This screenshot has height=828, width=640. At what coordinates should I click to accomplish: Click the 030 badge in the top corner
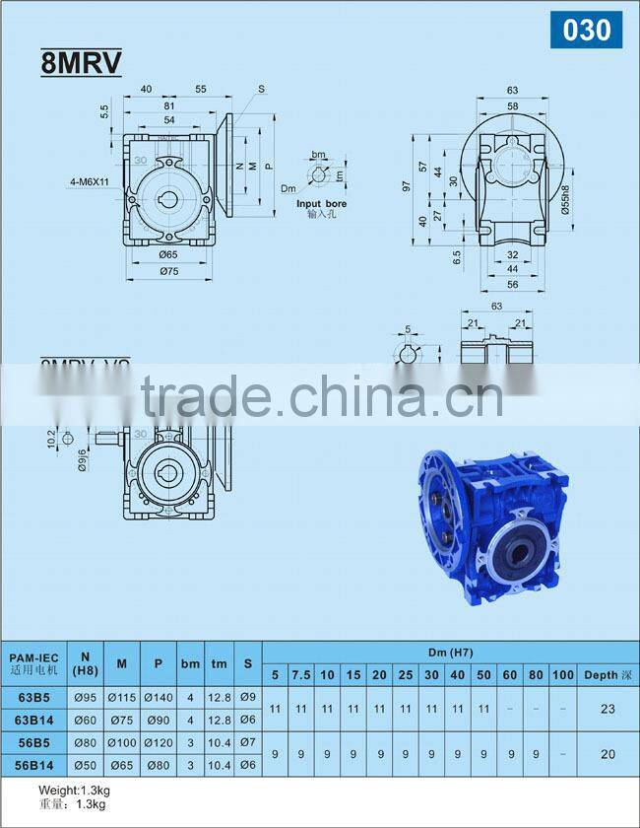(587, 30)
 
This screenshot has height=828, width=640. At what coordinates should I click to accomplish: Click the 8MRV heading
(81, 63)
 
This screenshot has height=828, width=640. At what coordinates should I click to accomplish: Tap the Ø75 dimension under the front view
(169, 273)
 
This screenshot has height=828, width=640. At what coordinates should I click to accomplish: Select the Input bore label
(322, 204)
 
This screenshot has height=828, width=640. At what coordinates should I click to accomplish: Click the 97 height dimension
(405, 185)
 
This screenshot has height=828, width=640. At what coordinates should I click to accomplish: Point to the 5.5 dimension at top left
(103, 112)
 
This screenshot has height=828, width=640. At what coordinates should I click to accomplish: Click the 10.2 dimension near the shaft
(52, 438)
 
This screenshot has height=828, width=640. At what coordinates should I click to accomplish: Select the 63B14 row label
(35, 720)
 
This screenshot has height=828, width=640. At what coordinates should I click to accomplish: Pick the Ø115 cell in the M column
(121, 698)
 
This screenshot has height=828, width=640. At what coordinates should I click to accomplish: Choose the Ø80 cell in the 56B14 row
(158, 763)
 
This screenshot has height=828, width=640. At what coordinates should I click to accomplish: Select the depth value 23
(607, 709)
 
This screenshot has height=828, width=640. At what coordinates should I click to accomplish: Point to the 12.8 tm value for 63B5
(220, 698)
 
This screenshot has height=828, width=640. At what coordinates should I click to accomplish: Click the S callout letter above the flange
(262, 90)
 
